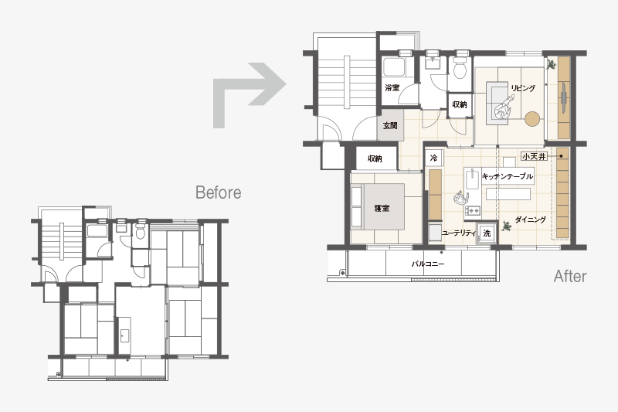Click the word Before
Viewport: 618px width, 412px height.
[x=219, y=192]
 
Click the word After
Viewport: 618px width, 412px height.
[x=570, y=276]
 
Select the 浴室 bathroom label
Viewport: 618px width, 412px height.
[x=392, y=87]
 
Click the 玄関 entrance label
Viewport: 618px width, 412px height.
[x=390, y=126]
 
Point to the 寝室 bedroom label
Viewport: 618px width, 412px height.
[x=382, y=208]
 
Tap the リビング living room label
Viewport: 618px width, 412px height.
[x=524, y=88]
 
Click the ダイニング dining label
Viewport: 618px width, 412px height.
[x=531, y=220]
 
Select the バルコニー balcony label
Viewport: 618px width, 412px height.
[x=428, y=264]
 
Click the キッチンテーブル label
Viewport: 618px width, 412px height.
[x=508, y=176]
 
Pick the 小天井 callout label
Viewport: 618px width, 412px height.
[x=535, y=156]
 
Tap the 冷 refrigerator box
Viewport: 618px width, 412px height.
[x=433, y=158]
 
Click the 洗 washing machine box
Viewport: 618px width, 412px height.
[x=487, y=233]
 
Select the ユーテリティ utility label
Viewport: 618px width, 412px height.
[x=459, y=233]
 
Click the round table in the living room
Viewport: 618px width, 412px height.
[x=532, y=119]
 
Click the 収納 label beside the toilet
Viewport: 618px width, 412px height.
[x=460, y=104]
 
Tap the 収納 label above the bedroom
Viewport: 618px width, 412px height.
[x=375, y=158]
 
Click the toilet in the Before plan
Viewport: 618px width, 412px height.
[x=140, y=231]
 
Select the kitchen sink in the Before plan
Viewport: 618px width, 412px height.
[x=124, y=336]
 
